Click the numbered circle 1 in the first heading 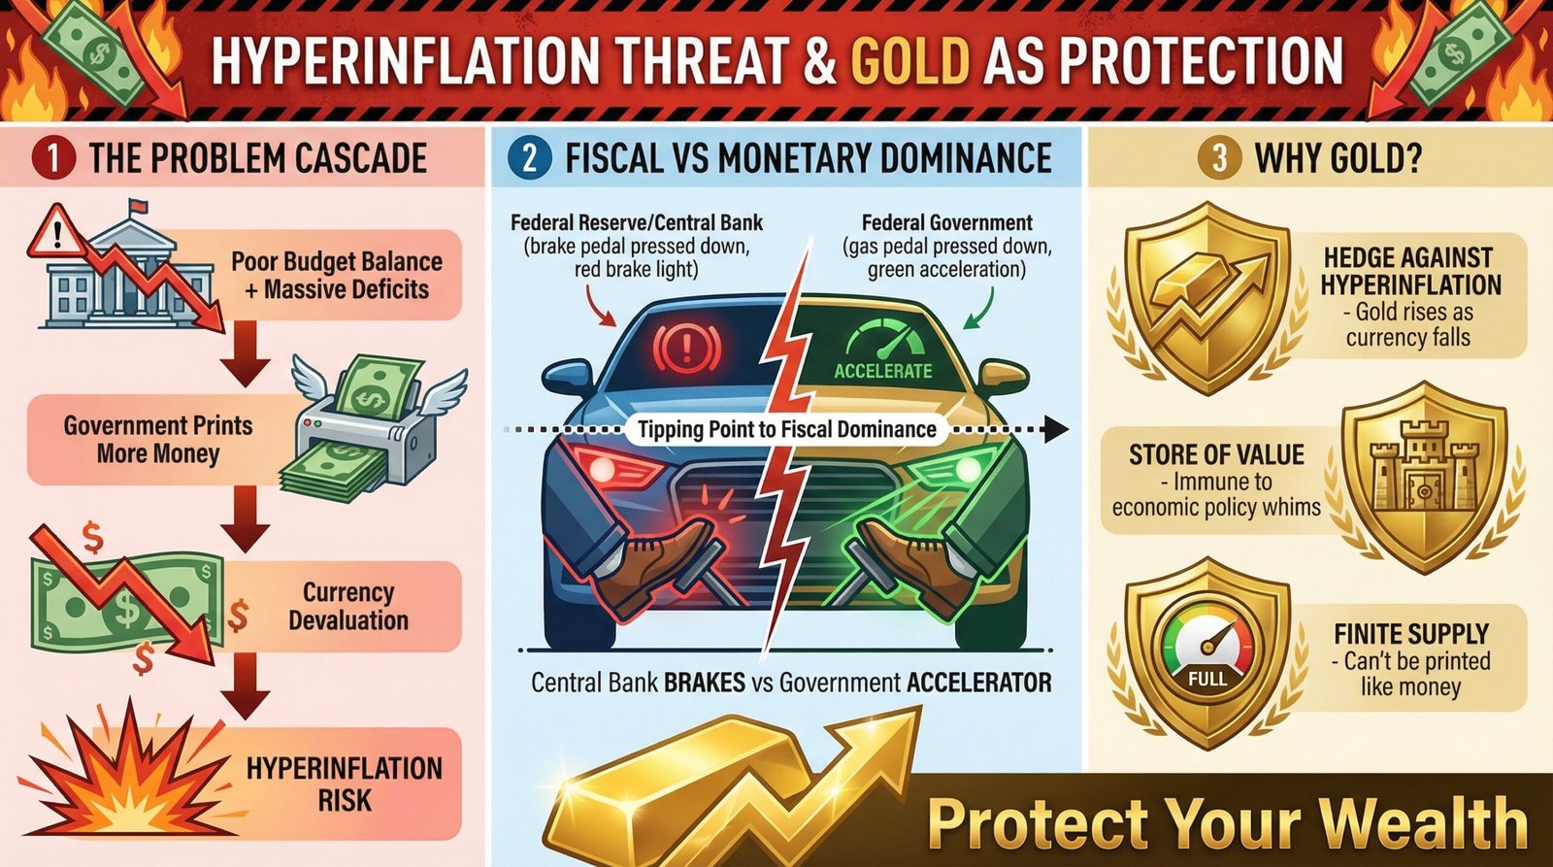(x=52, y=158)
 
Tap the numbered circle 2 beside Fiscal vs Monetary (x=529, y=158)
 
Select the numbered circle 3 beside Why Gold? (x=1219, y=158)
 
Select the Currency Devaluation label (x=347, y=606)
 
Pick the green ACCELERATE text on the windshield (x=882, y=371)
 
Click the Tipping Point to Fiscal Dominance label (x=787, y=429)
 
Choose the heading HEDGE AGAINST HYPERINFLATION (x=1409, y=271)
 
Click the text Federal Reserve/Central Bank (x=637, y=222)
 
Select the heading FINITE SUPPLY (x=1410, y=634)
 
